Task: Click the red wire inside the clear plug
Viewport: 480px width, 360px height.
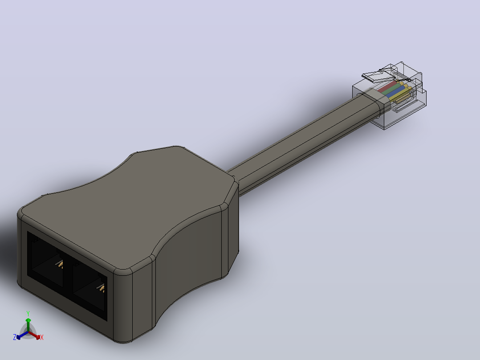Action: coord(386,87)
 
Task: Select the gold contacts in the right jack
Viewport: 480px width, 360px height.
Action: coord(101,288)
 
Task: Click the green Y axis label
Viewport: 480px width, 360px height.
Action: coord(28,313)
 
